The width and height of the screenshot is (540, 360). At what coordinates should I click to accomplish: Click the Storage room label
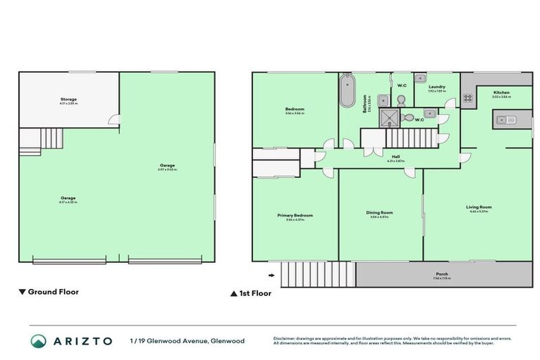tap(68, 99)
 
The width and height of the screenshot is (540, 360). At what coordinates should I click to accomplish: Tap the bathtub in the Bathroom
tap(347, 93)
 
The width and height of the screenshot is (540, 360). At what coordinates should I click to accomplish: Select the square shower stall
tap(389, 117)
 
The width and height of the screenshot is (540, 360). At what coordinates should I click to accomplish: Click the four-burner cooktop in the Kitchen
tap(469, 99)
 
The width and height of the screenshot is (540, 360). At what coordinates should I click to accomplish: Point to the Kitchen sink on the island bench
tap(505, 120)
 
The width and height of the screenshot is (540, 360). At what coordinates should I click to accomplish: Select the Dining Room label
tap(380, 212)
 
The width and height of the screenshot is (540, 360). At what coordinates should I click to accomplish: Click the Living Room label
tap(478, 207)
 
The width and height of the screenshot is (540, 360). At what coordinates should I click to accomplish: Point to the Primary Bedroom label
tap(295, 215)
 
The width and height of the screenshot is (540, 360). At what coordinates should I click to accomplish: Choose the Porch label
tap(442, 274)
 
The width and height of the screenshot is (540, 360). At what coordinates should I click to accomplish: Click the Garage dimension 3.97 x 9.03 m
tap(167, 169)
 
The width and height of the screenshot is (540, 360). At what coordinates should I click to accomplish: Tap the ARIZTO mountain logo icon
tap(40, 341)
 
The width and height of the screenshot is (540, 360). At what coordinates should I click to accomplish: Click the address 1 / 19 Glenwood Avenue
tap(187, 341)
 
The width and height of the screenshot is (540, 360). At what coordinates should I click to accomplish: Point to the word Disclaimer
tap(285, 338)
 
